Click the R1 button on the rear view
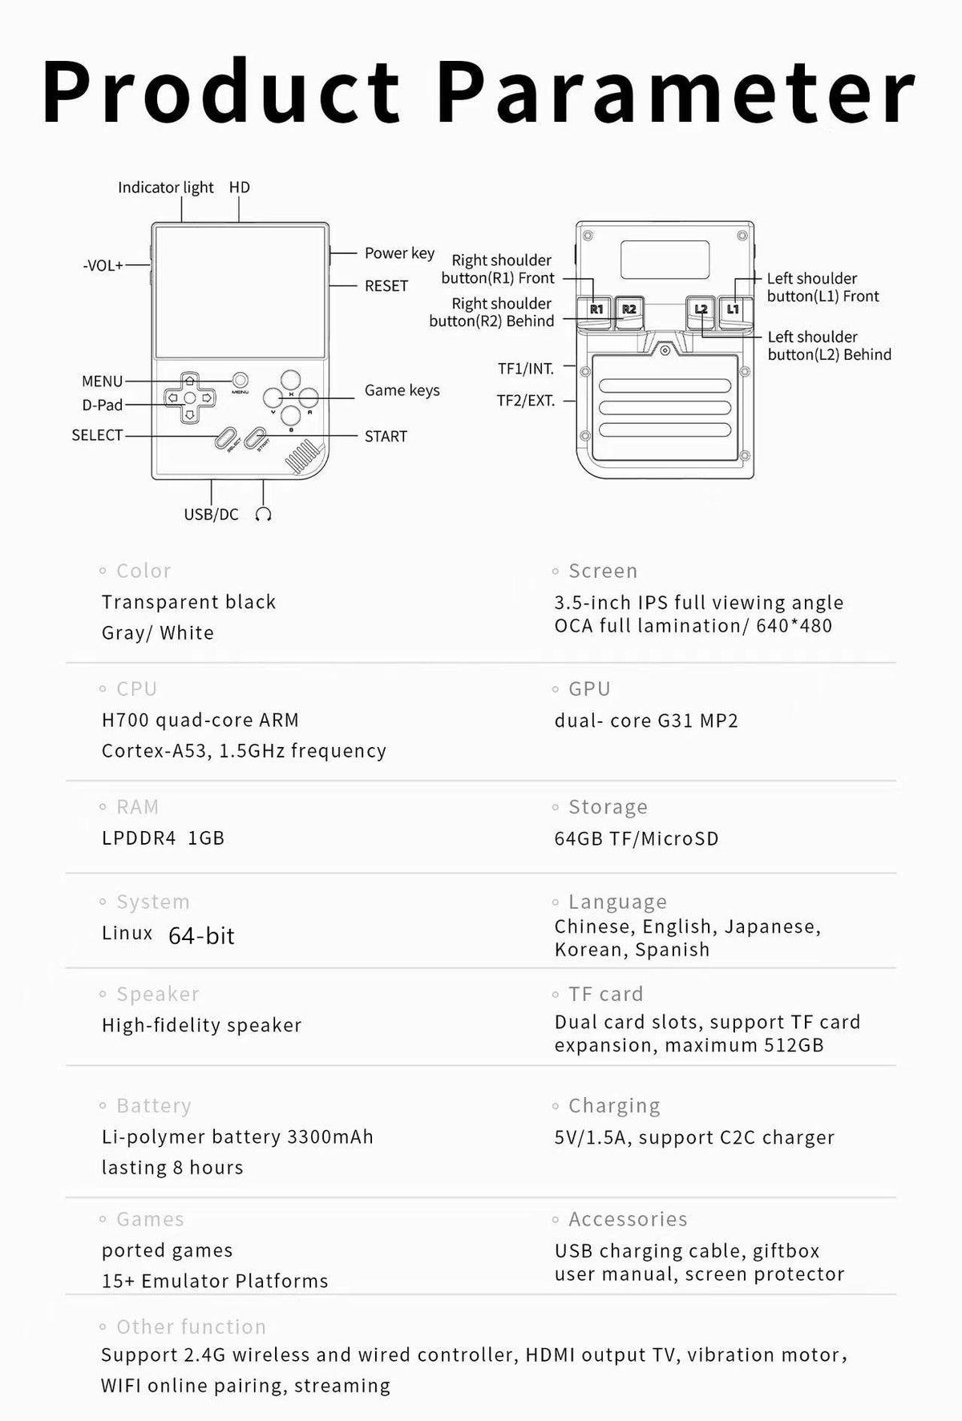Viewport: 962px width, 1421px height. (596, 309)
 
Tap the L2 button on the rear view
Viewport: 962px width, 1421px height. (701, 309)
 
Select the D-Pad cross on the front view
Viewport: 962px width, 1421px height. (189, 397)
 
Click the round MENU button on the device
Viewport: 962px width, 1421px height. (240, 380)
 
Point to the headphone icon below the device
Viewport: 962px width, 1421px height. (263, 515)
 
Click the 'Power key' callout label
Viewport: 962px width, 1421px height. (399, 253)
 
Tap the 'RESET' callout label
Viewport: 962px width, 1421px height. (386, 286)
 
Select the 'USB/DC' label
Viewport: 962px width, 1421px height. (211, 515)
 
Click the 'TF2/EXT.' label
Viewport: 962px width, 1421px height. (526, 401)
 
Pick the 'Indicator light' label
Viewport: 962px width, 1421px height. (165, 188)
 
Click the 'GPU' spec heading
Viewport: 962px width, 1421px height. (589, 689)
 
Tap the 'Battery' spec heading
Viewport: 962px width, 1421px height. (153, 1106)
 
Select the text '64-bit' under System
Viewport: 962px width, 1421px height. (201, 936)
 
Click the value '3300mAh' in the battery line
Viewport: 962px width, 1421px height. (330, 1137)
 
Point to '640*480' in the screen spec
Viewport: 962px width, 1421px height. (794, 626)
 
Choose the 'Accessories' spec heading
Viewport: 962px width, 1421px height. (628, 1219)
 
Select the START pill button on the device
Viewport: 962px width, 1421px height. (255, 438)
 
